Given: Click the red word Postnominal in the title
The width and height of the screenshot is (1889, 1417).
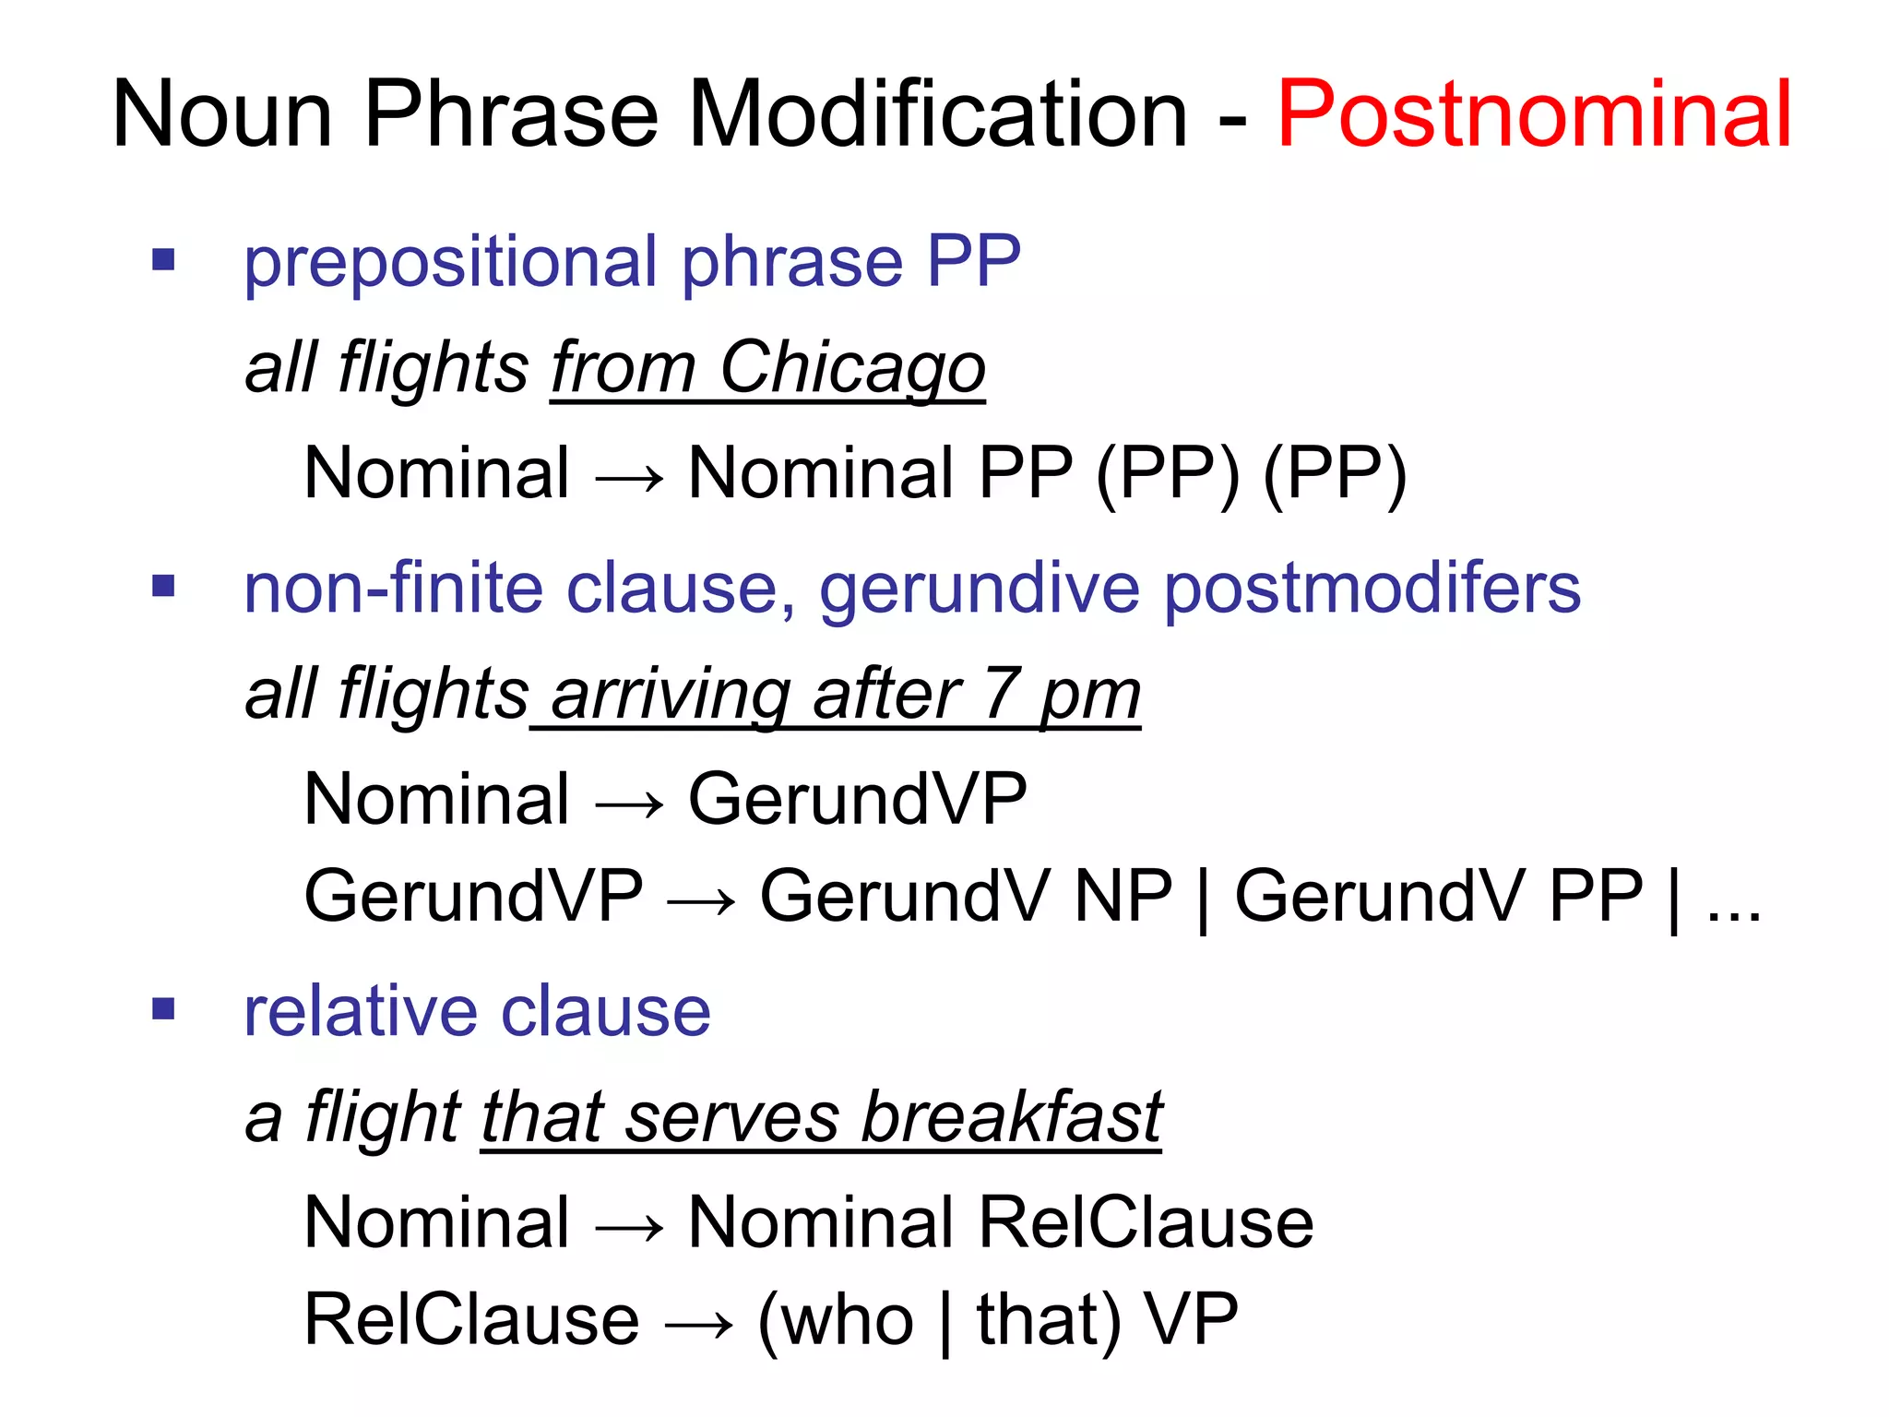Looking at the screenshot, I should [1534, 114].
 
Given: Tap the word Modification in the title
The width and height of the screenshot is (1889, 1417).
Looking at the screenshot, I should [937, 114].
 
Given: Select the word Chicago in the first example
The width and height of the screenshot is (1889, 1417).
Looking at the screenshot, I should [852, 368].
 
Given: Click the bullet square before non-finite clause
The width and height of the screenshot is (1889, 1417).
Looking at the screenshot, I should [163, 586].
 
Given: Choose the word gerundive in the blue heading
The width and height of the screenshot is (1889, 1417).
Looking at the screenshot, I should [980, 589].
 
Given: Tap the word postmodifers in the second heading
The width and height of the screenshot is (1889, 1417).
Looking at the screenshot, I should [1372, 589].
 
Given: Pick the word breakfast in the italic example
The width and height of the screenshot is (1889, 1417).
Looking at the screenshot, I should [1011, 1117].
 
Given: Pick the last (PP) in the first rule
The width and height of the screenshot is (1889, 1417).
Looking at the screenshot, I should [1335, 474].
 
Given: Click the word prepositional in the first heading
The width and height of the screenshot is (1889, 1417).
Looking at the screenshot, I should [450, 263].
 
